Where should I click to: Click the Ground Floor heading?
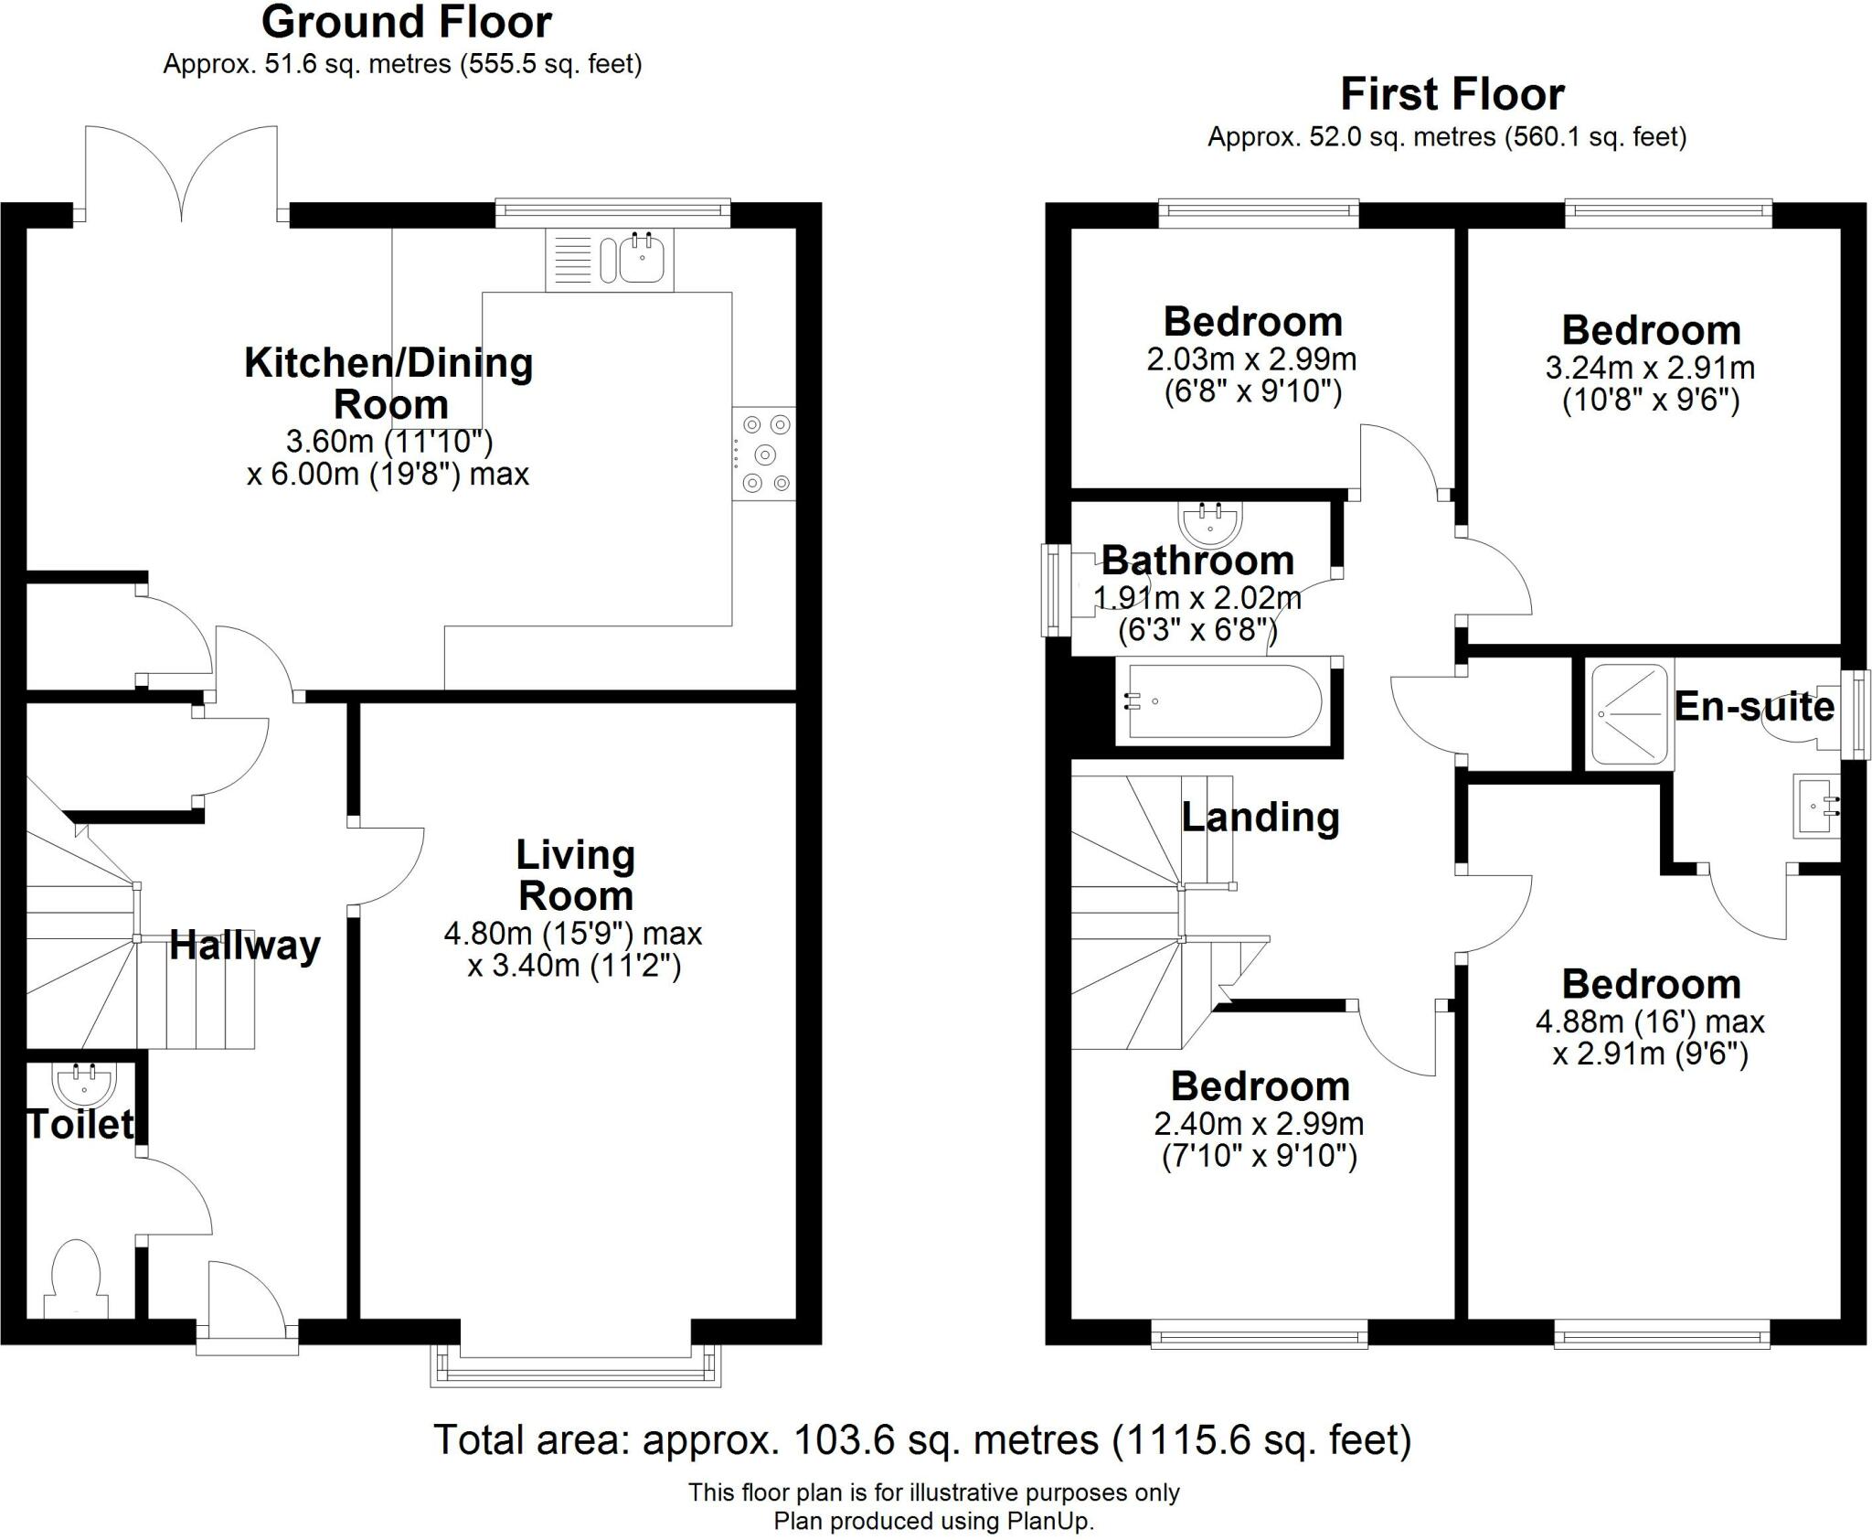(407, 23)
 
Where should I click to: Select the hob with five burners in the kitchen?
(764, 454)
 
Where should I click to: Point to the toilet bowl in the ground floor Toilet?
(75, 1277)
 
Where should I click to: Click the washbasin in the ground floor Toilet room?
(86, 1085)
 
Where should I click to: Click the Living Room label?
(575, 875)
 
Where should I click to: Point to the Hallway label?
(245, 945)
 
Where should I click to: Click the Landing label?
(1260, 817)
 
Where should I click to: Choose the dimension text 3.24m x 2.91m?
(1650, 368)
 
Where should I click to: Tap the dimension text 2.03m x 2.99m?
(1251, 358)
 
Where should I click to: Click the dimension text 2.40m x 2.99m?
(1259, 1123)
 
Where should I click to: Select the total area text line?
(922, 1439)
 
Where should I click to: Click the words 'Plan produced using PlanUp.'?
(933, 1521)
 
